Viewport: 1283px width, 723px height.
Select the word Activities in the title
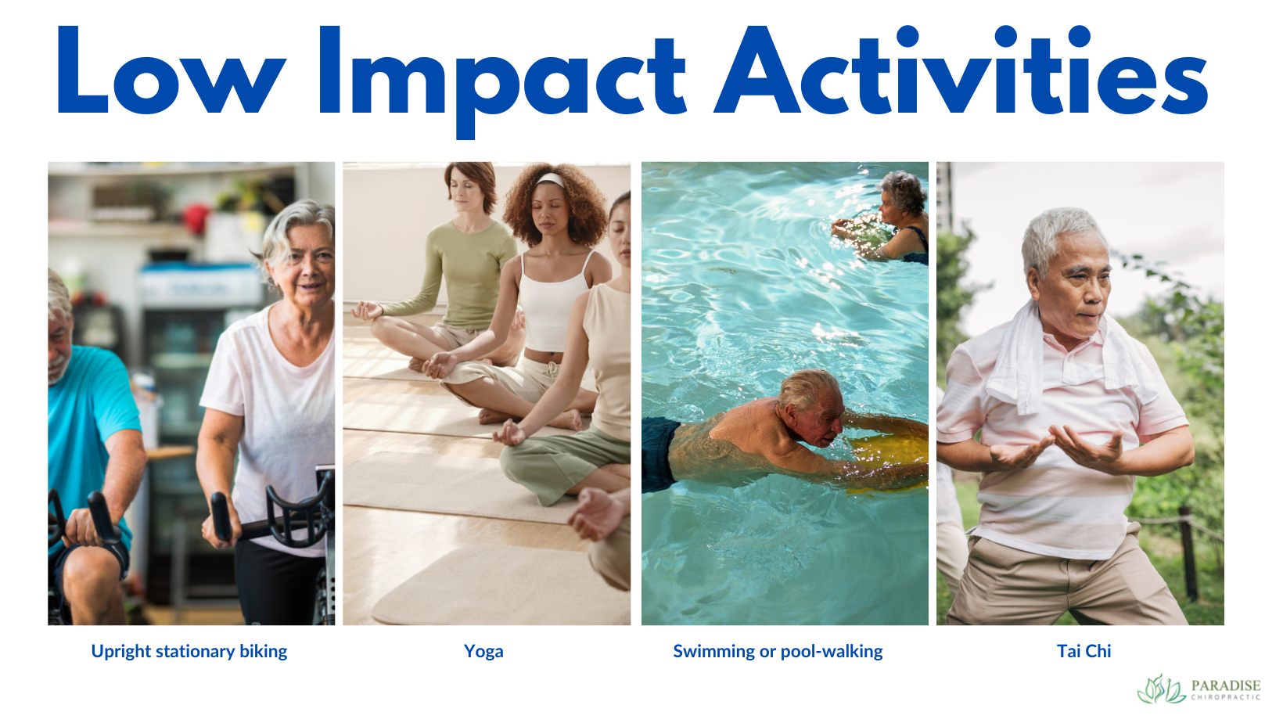point(962,70)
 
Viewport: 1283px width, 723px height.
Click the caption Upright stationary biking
point(189,651)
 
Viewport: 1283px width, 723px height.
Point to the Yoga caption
point(483,651)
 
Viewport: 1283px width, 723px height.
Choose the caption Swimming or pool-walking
point(778,651)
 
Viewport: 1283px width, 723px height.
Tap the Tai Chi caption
point(1084,651)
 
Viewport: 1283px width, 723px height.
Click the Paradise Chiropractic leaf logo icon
point(1161,689)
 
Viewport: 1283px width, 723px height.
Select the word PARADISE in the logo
point(1226,685)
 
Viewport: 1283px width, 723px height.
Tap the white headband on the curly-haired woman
point(551,178)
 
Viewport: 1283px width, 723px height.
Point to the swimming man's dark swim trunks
point(659,455)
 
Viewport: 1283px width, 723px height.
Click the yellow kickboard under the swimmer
point(890,459)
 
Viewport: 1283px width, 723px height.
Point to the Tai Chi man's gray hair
point(1059,234)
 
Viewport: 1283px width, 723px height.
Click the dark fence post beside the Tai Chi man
point(1189,554)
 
